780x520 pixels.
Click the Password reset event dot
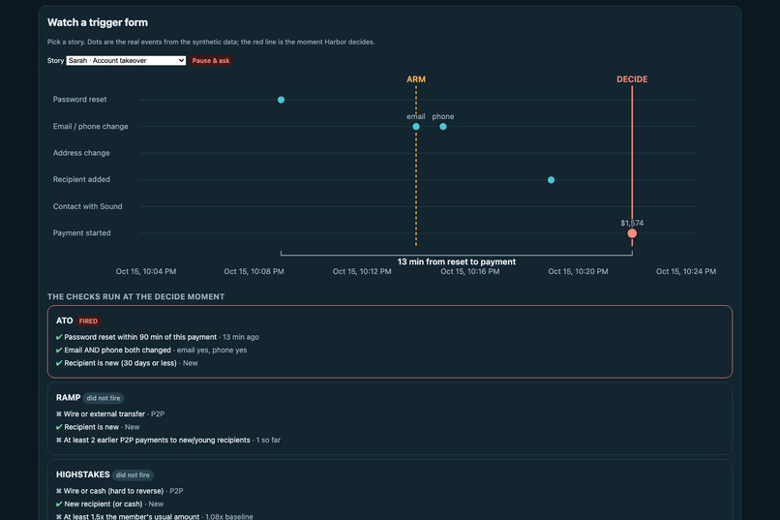281,100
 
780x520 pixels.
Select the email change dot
416,127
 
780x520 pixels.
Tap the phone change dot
442,127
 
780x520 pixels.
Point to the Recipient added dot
552,180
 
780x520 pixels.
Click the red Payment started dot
632,233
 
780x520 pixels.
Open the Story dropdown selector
126,61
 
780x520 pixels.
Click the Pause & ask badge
211,61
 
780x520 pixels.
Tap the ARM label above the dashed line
416,79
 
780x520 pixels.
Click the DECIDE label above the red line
632,79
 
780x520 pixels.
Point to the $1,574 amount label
632,223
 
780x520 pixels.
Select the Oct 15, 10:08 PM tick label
254,271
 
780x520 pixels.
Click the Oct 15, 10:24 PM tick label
686,271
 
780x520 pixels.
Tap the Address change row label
81,153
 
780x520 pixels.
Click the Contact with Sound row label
87,206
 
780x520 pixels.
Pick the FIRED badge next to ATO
88,321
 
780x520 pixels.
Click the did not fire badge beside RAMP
104,398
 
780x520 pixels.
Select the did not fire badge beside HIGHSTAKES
133,475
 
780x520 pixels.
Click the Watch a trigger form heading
98,22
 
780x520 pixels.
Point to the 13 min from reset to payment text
457,261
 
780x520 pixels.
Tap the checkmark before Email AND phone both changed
59,351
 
